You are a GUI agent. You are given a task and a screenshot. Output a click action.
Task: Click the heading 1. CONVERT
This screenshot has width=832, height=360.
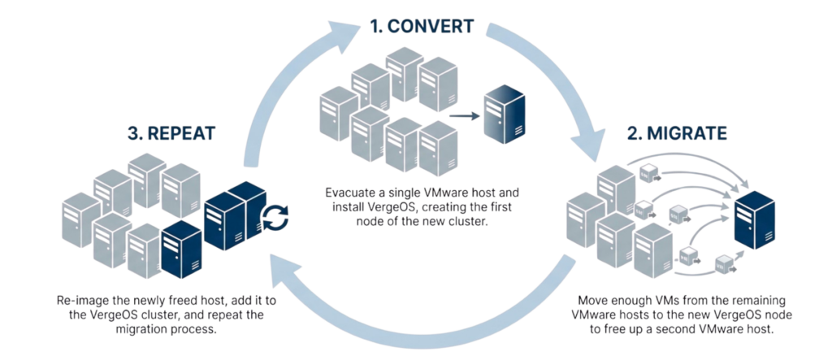point(421,25)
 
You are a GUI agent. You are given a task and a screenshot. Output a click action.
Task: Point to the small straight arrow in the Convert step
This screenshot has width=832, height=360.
point(461,116)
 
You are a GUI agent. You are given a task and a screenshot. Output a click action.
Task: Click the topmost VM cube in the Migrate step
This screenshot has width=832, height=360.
point(650,171)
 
